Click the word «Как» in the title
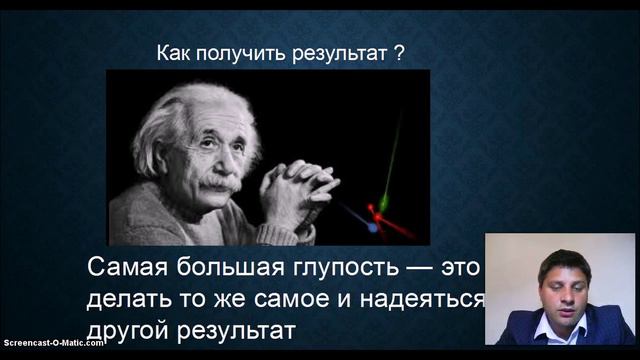(x=174, y=54)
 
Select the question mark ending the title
(x=400, y=54)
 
